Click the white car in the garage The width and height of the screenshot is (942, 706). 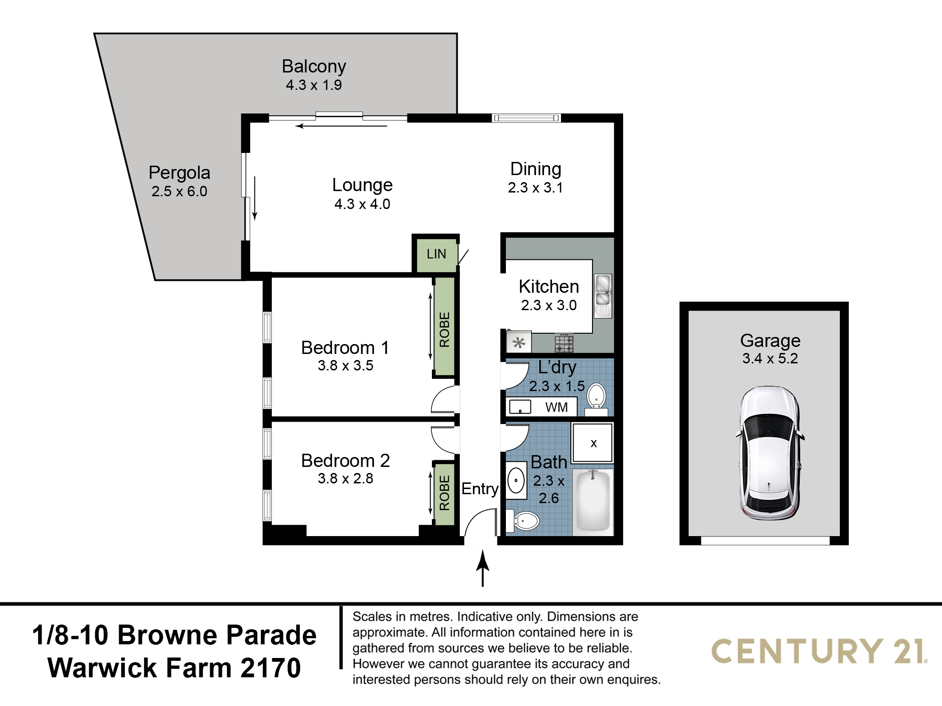[770, 453]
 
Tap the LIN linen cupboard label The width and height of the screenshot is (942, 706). [436, 254]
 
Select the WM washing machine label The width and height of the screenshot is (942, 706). [557, 408]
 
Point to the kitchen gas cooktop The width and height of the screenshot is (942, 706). [564, 343]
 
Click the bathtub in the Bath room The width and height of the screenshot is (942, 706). [593, 501]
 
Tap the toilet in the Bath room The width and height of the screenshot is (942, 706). [523, 521]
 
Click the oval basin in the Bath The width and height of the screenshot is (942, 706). [516, 481]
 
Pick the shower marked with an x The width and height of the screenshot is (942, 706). [593, 443]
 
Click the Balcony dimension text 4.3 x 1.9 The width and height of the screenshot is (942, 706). [314, 85]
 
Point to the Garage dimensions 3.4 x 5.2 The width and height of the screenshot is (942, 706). [770, 359]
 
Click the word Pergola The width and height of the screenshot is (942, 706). [179, 173]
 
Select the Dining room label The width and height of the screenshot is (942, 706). [536, 169]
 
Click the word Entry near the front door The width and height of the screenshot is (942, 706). [480, 489]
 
